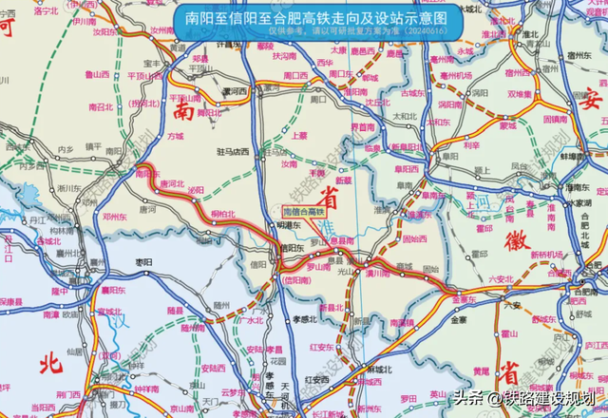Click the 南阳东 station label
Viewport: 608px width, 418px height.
click(147, 174)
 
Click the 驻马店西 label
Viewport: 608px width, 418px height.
click(232, 150)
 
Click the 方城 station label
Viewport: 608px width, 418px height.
click(174, 136)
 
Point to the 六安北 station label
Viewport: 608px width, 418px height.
click(501, 278)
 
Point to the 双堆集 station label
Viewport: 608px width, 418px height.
click(519, 94)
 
